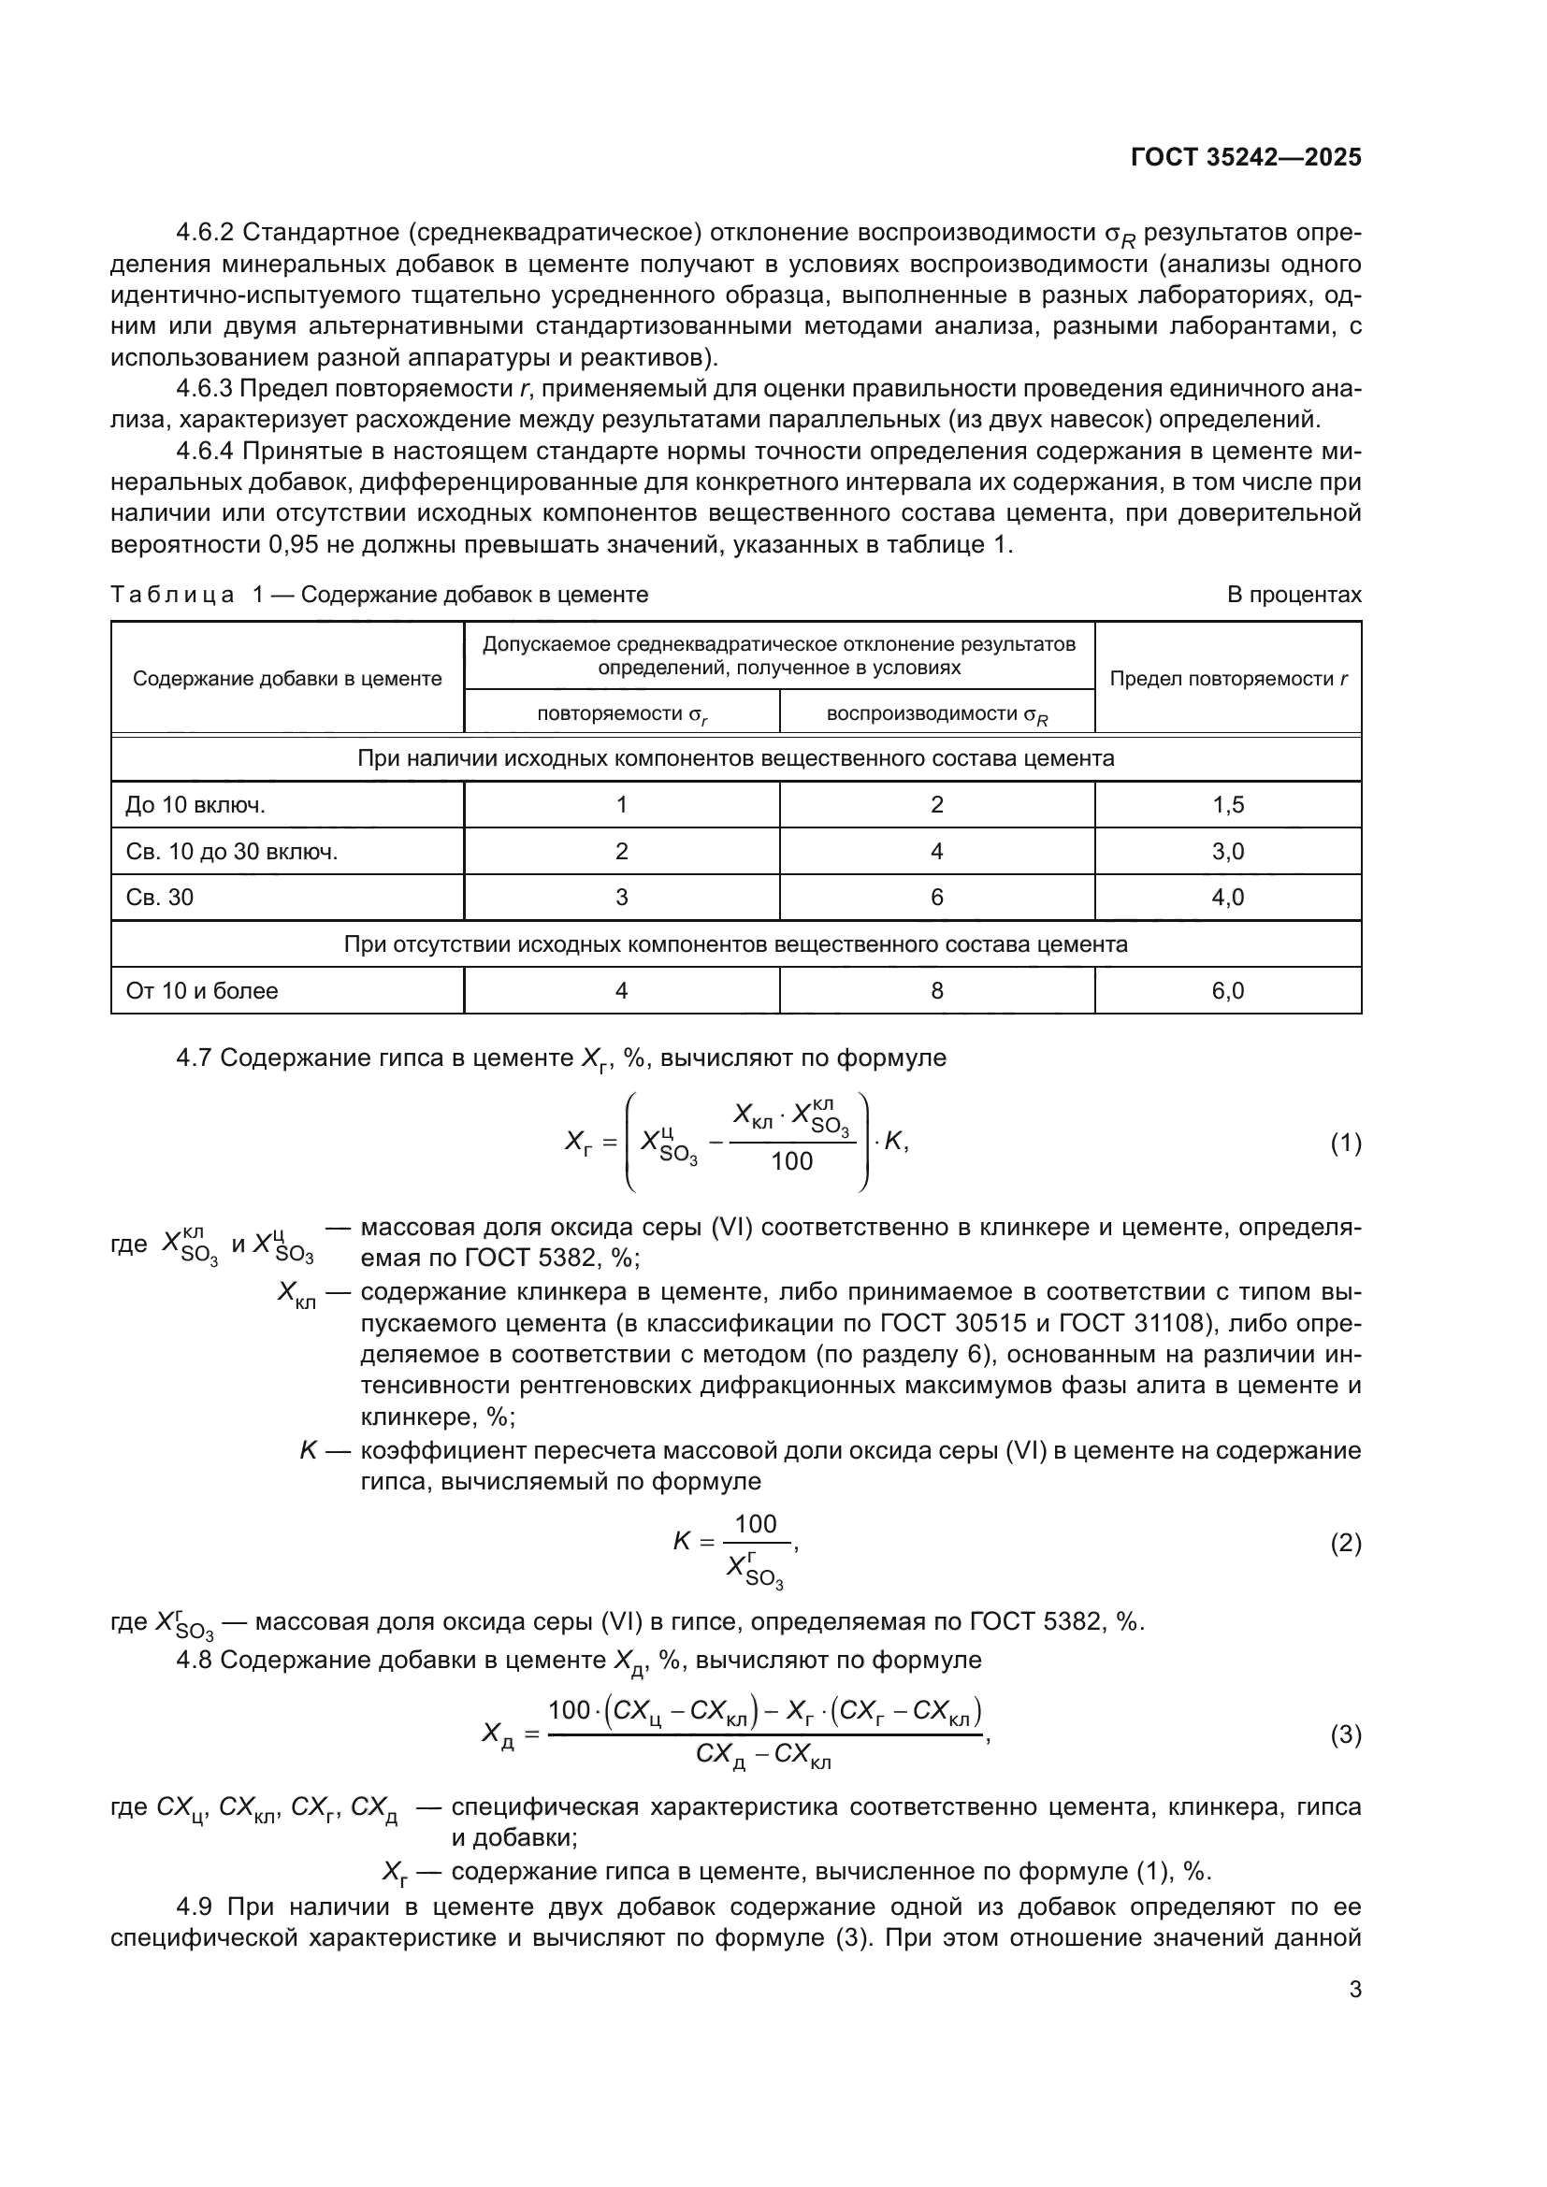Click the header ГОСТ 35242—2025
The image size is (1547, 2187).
click(x=1245, y=157)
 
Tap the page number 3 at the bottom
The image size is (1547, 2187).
click(x=1354, y=1989)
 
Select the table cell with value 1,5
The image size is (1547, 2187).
click(x=1227, y=805)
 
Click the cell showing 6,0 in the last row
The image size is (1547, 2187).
click(x=1227, y=990)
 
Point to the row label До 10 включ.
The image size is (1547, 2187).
click(x=195, y=805)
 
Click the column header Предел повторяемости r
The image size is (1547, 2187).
click(x=1228, y=678)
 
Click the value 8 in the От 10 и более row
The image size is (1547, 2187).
click(x=936, y=990)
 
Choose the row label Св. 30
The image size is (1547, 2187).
click(x=159, y=898)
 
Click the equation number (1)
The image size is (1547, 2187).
click(x=1345, y=1143)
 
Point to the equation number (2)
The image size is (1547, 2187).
click(x=1345, y=1542)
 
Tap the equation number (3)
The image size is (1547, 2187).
click(x=1345, y=1734)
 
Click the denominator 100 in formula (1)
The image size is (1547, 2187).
click(x=791, y=1161)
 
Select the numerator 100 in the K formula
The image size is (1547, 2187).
click(x=756, y=1524)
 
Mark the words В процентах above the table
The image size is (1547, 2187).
click(x=1294, y=595)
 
